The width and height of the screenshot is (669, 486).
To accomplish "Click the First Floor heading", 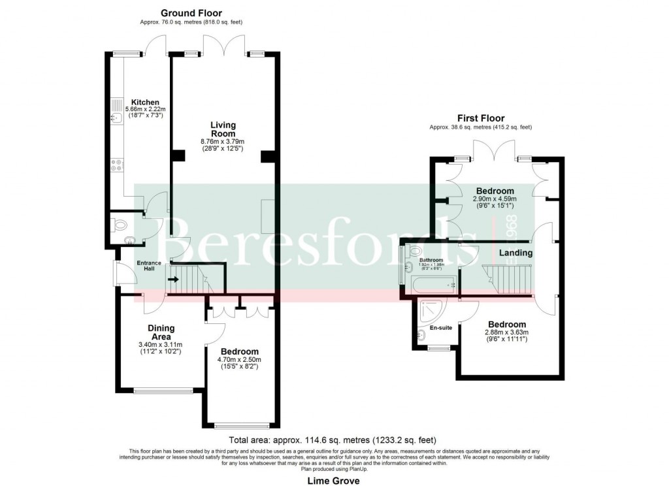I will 481,118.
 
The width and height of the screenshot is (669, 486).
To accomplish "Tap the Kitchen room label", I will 144,103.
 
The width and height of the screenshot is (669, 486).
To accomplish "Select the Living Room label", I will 223,129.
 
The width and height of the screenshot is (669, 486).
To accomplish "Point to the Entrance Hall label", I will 148,267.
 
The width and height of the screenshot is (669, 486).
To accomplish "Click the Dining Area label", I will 160,332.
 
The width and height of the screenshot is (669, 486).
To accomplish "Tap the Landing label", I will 516,253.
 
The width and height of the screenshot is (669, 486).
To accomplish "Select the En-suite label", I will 441,328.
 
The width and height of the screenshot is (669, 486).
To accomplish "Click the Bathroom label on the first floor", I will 431,260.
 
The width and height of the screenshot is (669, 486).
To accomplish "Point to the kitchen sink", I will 114,118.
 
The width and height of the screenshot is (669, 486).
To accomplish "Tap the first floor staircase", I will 508,280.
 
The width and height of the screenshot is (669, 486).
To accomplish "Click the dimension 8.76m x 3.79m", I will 222,142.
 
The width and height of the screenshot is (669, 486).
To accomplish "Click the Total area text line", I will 333,440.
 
